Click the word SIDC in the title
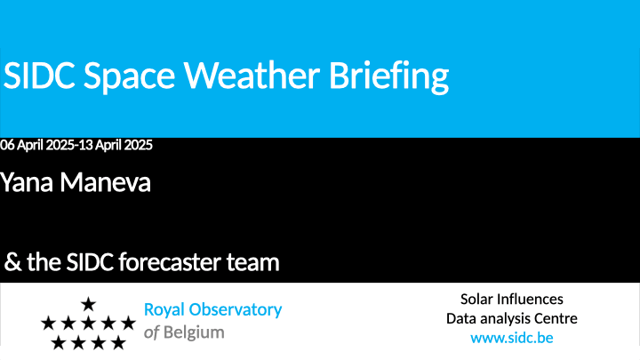(x=39, y=75)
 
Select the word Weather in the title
(x=252, y=75)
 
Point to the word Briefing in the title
(x=389, y=77)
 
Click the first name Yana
(x=27, y=182)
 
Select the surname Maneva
(x=105, y=182)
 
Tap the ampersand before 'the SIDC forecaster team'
(x=12, y=262)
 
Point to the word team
(x=253, y=262)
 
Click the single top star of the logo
(x=88, y=304)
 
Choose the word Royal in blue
(x=164, y=310)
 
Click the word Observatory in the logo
(x=235, y=310)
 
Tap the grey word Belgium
(x=194, y=333)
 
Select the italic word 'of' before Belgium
(x=150, y=333)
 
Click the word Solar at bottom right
(x=476, y=300)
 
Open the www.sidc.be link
(x=512, y=338)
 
